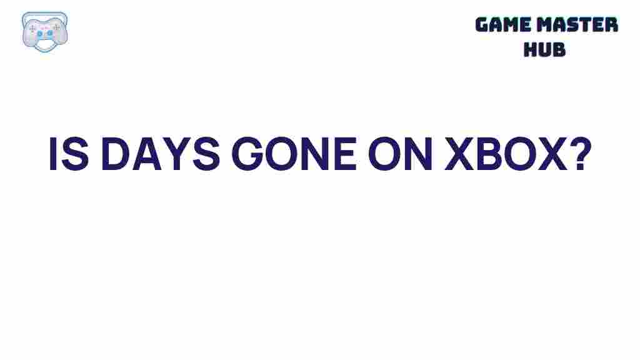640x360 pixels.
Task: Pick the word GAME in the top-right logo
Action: [x=502, y=25]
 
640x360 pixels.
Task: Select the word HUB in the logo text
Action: [x=544, y=49]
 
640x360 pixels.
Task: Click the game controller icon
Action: [x=44, y=31]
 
